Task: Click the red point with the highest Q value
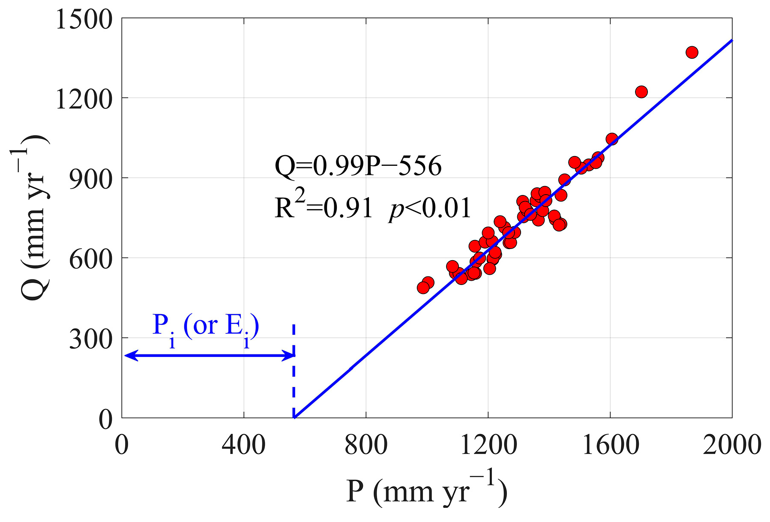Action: click(x=692, y=52)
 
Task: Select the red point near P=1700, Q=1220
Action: click(x=641, y=92)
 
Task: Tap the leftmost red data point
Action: click(x=423, y=288)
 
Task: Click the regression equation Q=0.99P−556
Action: click(x=358, y=166)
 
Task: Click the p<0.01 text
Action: click(x=430, y=209)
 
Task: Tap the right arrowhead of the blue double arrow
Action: click(x=290, y=355)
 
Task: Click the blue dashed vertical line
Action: click(x=294, y=377)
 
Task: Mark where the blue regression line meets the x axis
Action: click(x=294, y=417)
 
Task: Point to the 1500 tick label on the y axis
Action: click(x=84, y=20)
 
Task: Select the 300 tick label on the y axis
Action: click(x=90, y=339)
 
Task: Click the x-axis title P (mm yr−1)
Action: click(x=426, y=491)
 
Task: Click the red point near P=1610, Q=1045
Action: click(x=611, y=139)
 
